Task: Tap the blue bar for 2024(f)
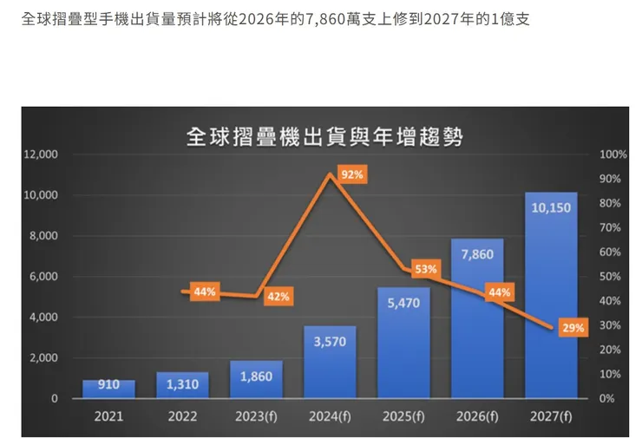click(x=330, y=364)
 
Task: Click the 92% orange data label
click(x=352, y=175)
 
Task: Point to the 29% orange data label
click(x=573, y=328)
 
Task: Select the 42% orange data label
click(x=278, y=296)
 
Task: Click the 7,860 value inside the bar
click(x=477, y=254)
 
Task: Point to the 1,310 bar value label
click(x=182, y=384)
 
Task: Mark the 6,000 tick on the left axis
click(x=43, y=277)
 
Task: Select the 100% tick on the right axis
click(x=613, y=154)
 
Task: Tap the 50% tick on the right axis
click(x=610, y=277)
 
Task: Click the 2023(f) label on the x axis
click(x=256, y=416)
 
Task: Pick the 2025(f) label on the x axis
click(x=403, y=416)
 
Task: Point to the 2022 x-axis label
click(x=182, y=416)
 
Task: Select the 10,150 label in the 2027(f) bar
click(x=551, y=208)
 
